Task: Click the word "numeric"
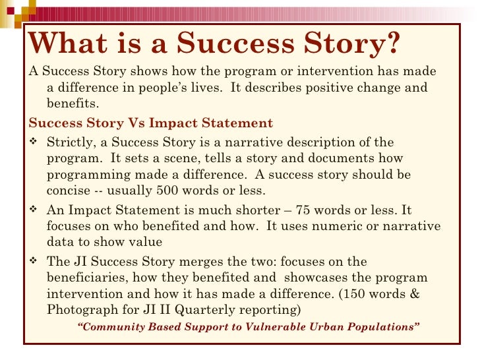[320, 226]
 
